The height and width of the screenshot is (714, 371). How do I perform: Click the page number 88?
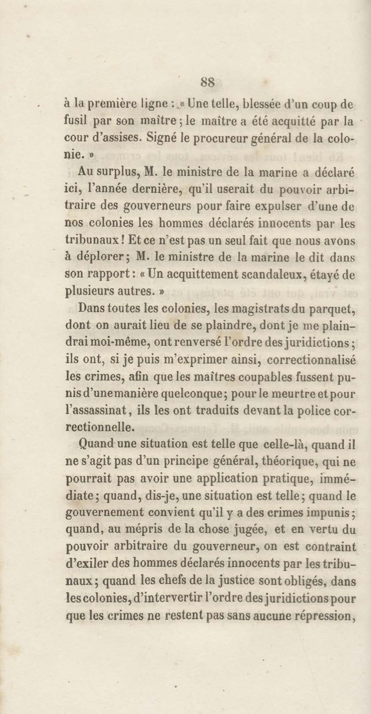207,82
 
